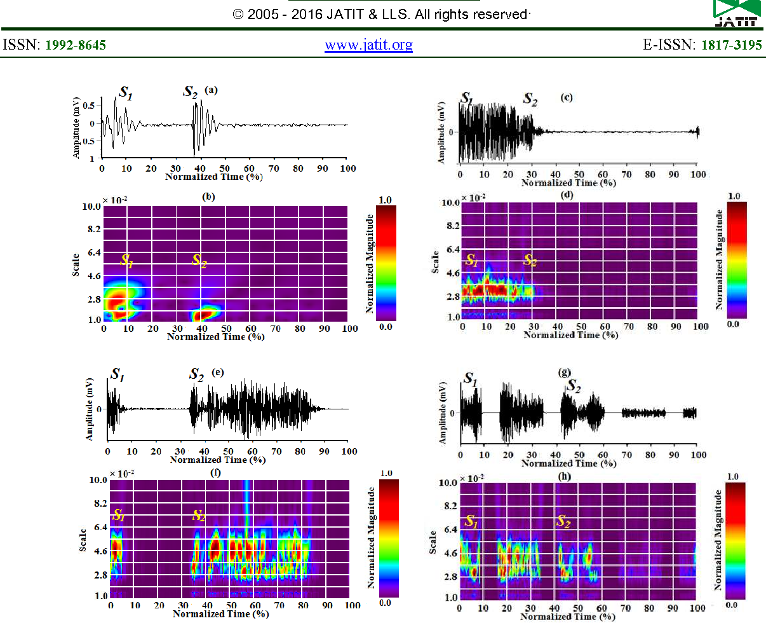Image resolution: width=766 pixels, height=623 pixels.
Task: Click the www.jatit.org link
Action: [368, 45]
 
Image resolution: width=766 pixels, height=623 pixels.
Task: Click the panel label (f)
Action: [220, 472]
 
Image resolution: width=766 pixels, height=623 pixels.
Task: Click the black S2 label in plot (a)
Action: [191, 93]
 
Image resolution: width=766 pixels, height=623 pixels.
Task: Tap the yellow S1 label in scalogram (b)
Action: [127, 261]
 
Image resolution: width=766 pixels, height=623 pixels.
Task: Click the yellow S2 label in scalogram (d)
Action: [530, 259]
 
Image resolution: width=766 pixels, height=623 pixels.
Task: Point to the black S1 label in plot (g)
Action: [470, 380]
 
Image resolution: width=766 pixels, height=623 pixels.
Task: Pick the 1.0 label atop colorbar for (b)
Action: [385, 200]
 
